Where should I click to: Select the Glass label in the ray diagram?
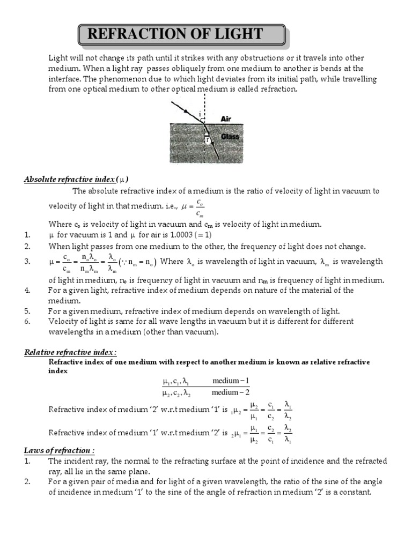pyautogui.click(x=230, y=137)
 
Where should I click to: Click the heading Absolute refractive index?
pyautogui.click(x=76, y=179)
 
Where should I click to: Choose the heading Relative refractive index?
pyautogui.click(x=70, y=352)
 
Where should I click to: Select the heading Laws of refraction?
pyautogui.click(x=59, y=450)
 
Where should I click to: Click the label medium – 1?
pyautogui.click(x=231, y=381)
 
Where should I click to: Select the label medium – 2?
pyautogui.click(x=231, y=392)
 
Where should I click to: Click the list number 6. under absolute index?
pyautogui.click(x=27, y=321)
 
